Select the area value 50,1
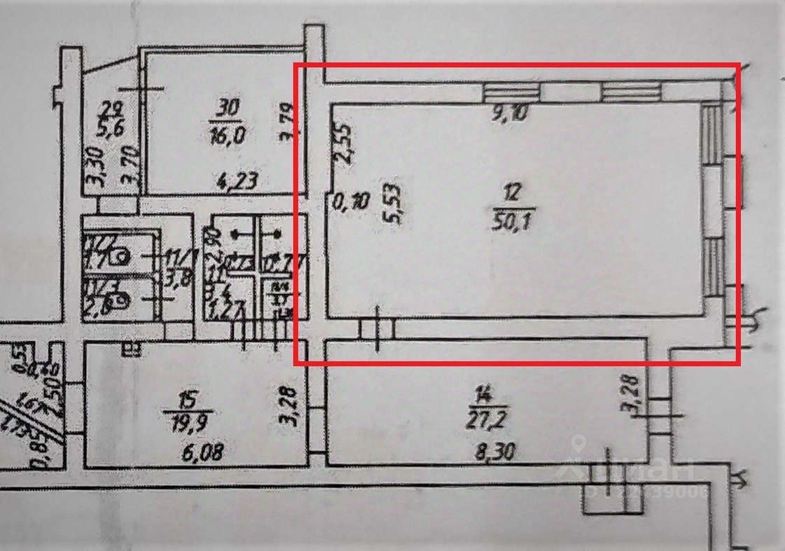click(x=515, y=212)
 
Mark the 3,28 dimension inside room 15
click(x=294, y=405)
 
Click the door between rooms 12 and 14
click(x=377, y=328)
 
